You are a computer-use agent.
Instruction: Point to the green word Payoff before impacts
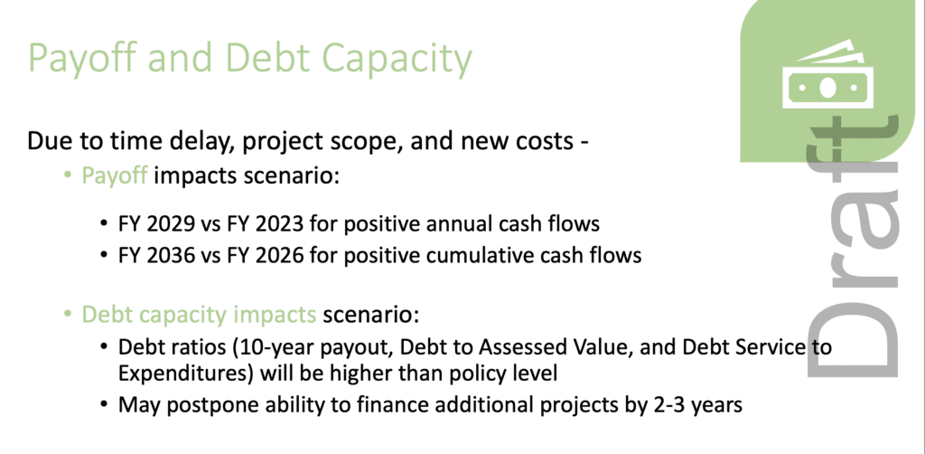(115, 176)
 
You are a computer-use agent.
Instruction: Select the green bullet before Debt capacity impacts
(68, 316)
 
